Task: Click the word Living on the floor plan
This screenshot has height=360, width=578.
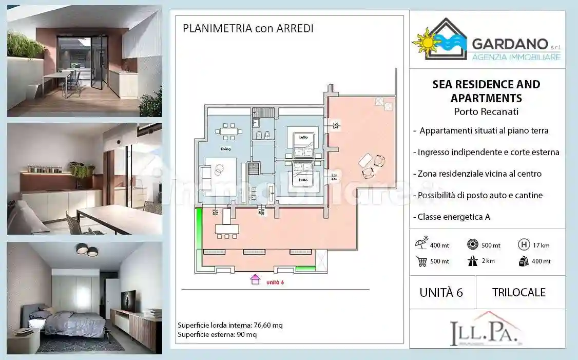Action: click(225, 149)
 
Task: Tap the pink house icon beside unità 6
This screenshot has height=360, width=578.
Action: click(255, 280)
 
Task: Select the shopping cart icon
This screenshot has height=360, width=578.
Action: click(422, 261)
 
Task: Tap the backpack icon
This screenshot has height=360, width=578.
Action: click(524, 261)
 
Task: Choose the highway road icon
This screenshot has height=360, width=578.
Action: click(472, 261)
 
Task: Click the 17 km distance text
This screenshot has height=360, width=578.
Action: click(542, 245)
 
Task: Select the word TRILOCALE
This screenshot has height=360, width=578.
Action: click(518, 292)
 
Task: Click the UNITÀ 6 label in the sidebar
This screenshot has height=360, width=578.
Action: click(441, 292)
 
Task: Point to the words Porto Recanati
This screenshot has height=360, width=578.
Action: click(487, 111)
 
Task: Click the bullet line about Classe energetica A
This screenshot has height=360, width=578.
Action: click(454, 217)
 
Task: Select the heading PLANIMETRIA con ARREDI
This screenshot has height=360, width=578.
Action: click(248, 28)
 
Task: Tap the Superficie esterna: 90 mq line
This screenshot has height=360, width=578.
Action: click(217, 334)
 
